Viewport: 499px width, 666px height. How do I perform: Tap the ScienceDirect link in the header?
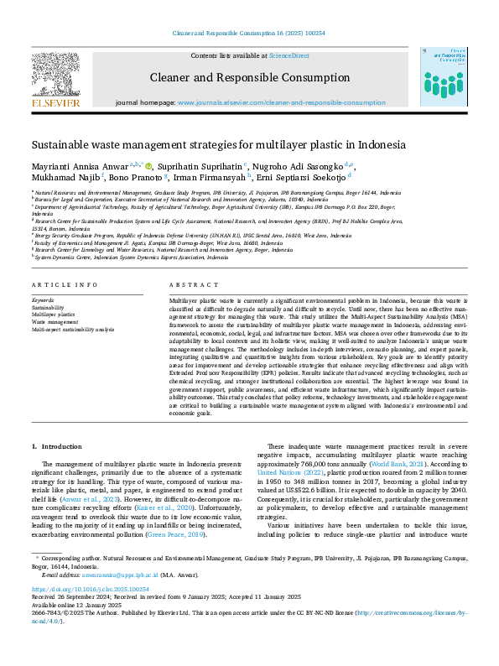coord(288,55)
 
